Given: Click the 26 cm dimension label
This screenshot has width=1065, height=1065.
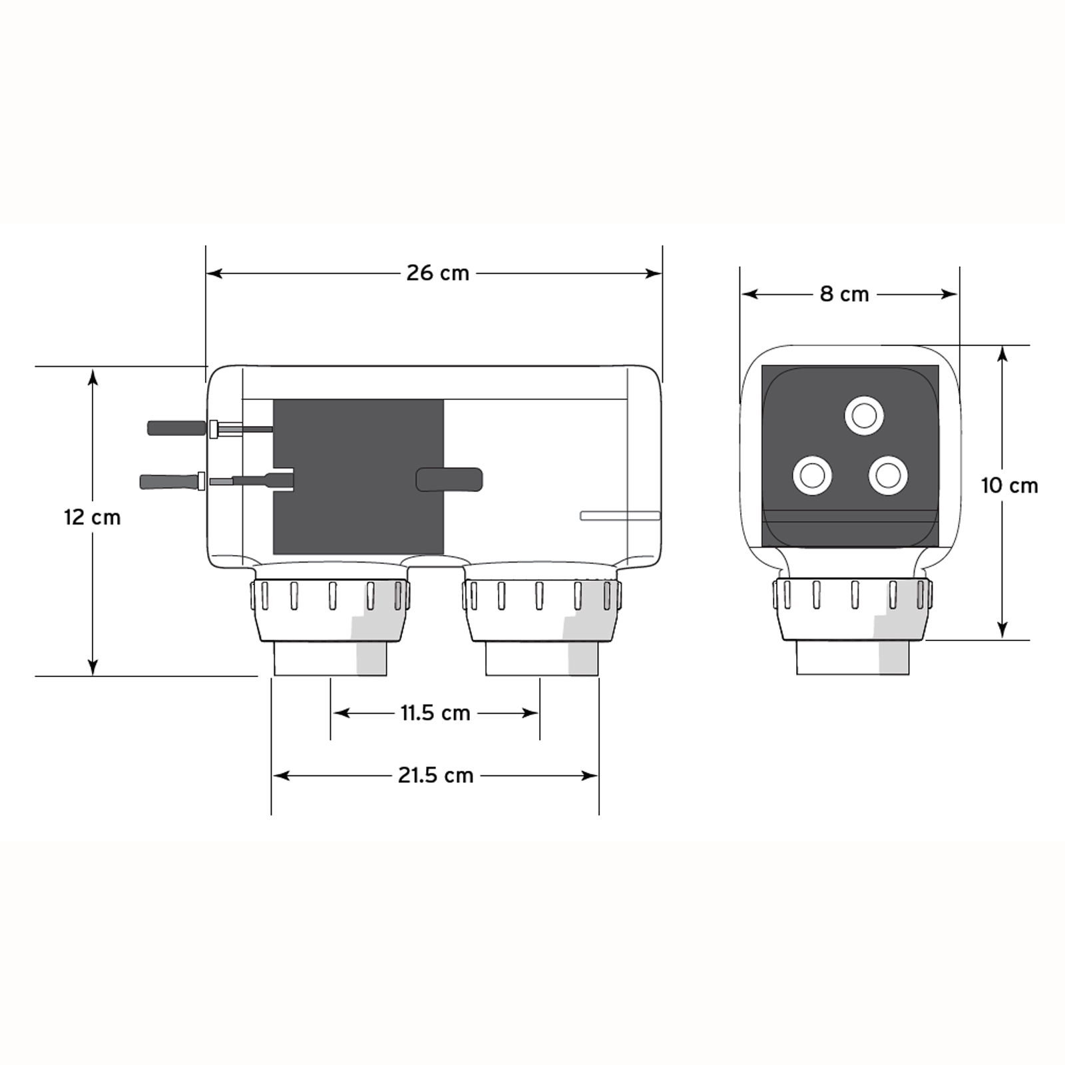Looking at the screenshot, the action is tap(438, 273).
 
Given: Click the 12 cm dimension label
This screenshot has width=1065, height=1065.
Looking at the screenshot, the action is tap(93, 517).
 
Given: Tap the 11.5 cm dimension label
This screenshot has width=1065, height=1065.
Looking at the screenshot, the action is tap(435, 713).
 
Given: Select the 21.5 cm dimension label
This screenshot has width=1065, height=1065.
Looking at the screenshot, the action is tap(436, 775).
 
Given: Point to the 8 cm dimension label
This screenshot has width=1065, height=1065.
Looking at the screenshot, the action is tap(845, 294).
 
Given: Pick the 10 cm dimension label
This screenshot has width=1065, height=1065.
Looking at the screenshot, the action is tap(1010, 486).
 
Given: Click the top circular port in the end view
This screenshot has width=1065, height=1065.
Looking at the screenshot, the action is tap(865, 416).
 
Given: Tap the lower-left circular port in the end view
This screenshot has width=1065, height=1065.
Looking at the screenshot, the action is tap(813, 475).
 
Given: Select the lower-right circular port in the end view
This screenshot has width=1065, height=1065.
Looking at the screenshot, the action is tap(889, 475).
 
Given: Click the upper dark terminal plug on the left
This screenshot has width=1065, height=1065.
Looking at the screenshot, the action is tap(177, 428).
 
